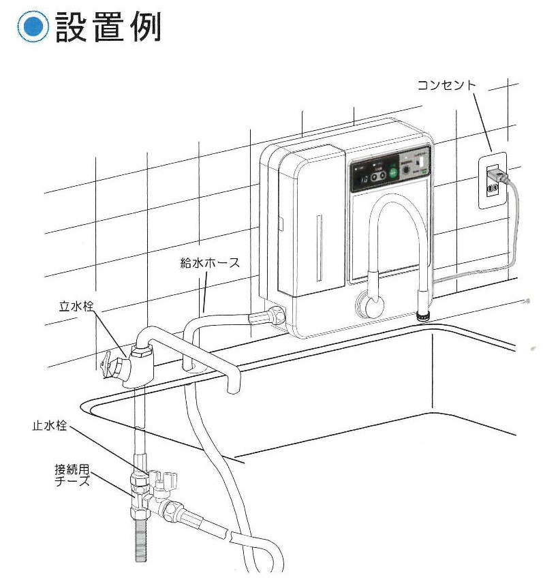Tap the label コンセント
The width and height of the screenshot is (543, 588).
tap(446, 85)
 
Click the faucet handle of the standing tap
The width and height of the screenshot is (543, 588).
tap(110, 362)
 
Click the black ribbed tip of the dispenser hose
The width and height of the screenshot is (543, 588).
tap(422, 315)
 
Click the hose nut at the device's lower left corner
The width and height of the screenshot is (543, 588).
tap(276, 315)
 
